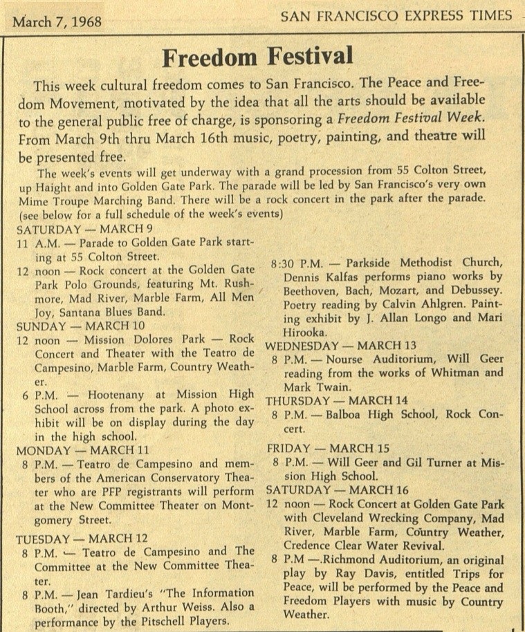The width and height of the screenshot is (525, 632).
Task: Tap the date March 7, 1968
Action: tap(57, 21)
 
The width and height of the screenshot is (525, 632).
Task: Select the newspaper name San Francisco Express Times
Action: tap(396, 16)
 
